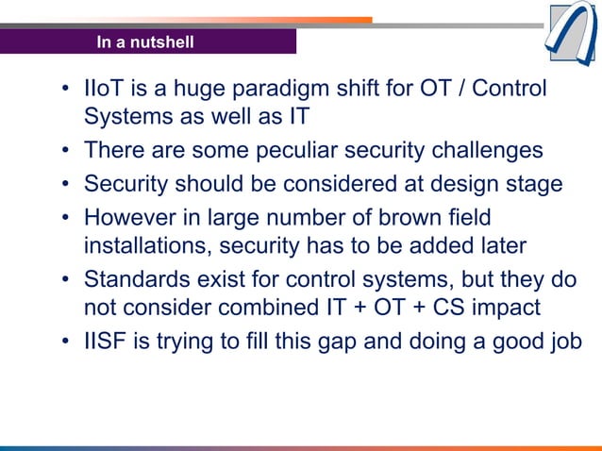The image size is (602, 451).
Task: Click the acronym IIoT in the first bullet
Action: [x=102, y=91]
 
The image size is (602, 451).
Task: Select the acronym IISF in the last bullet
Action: [x=103, y=342]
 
